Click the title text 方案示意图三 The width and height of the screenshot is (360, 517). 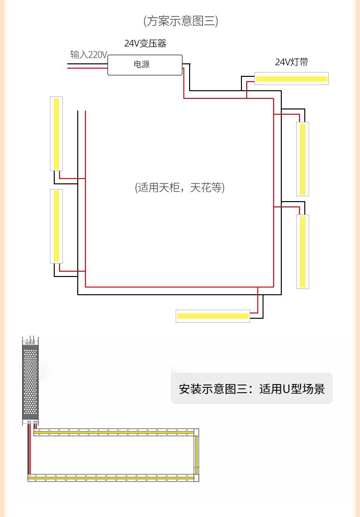tap(180, 21)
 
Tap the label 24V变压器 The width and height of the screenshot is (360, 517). tap(145, 44)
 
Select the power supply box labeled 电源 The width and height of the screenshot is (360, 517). tap(144, 64)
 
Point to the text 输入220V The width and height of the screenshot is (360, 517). tap(88, 55)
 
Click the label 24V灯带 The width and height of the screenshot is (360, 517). tap(291, 62)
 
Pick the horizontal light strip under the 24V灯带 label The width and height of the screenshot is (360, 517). tap(291, 79)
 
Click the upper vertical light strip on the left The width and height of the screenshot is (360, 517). tap(57, 133)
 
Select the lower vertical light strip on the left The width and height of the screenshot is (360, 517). tap(57, 226)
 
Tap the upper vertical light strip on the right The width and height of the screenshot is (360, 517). tap(302, 159)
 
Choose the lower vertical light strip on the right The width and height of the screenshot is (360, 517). tap(302, 252)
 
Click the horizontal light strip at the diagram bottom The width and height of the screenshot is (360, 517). tap(213, 316)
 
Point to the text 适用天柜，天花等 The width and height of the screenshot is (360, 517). tap(180, 188)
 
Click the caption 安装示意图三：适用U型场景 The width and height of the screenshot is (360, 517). tap(252, 388)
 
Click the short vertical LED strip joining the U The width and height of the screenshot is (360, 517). tap(196, 455)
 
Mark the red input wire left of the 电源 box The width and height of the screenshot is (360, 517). tap(87, 68)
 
